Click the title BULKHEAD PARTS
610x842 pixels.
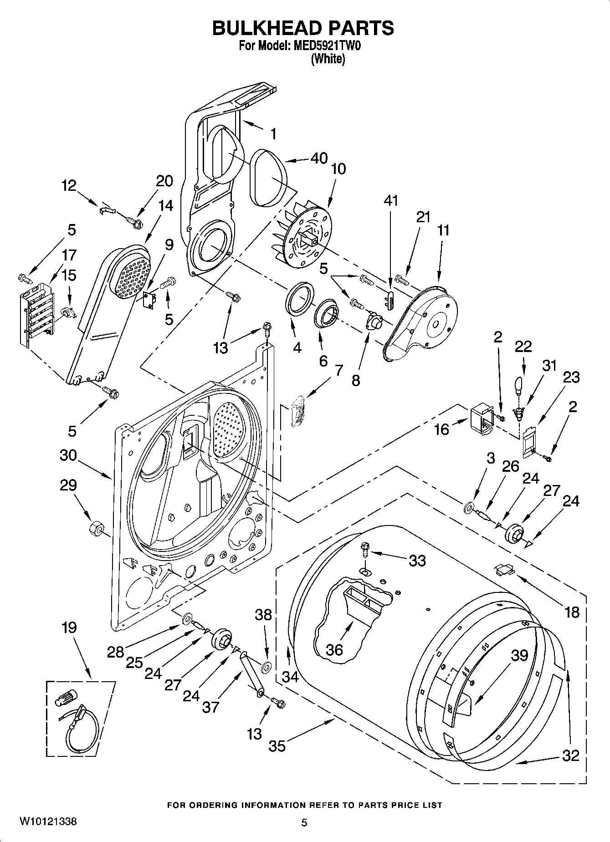303,28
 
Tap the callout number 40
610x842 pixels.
319,158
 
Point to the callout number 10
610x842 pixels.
338,169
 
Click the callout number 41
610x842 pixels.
391,200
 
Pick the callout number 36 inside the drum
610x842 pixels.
334,649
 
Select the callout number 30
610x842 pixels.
68,455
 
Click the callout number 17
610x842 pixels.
69,255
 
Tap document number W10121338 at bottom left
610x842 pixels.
48,822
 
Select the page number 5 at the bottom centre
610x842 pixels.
304,822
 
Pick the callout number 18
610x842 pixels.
572,612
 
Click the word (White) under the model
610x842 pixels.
328,59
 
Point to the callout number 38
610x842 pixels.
263,615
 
